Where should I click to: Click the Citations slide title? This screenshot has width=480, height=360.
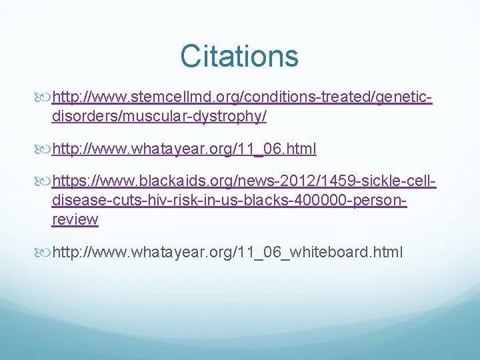tap(239, 56)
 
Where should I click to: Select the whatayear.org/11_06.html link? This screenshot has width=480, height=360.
tap(184, 149)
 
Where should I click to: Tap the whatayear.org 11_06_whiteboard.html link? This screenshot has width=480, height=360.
tap(227, 253)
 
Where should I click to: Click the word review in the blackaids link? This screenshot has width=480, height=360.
tap(75, 219)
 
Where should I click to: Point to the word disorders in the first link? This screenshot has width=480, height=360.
tap(81, 117)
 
